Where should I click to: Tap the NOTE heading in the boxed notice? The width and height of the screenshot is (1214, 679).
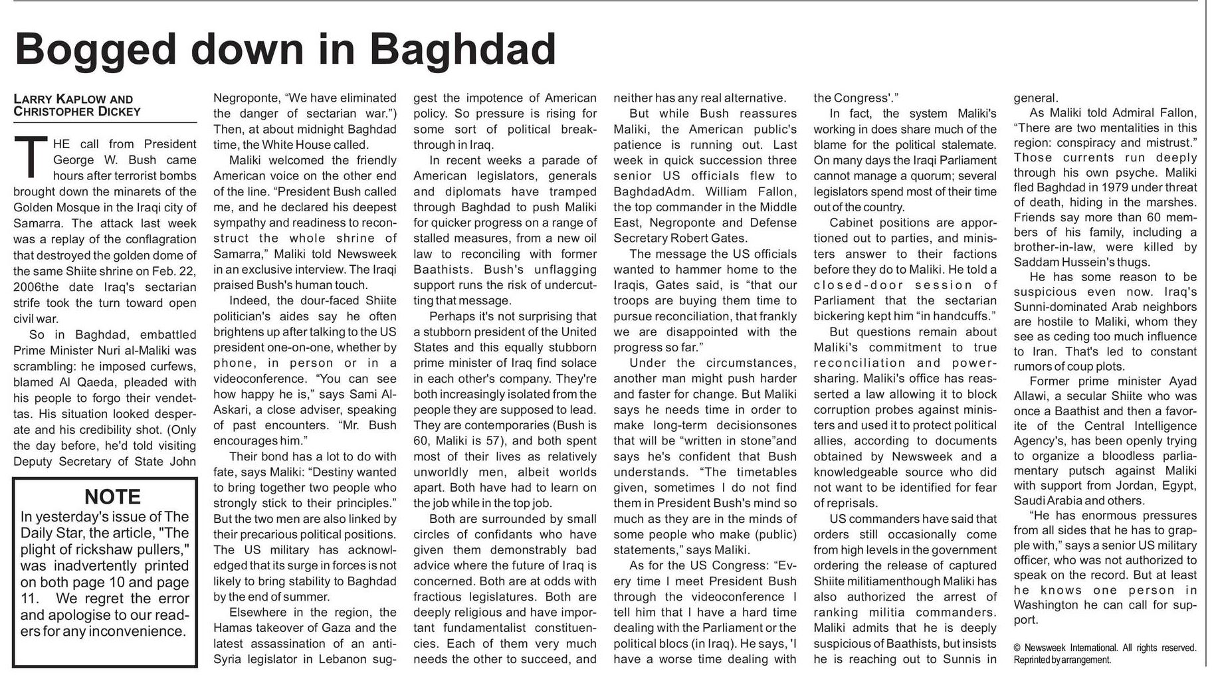(112, 497)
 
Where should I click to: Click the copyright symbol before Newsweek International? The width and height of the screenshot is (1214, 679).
(1017, 648)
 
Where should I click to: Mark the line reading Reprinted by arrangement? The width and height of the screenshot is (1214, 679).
(1061, 660)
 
